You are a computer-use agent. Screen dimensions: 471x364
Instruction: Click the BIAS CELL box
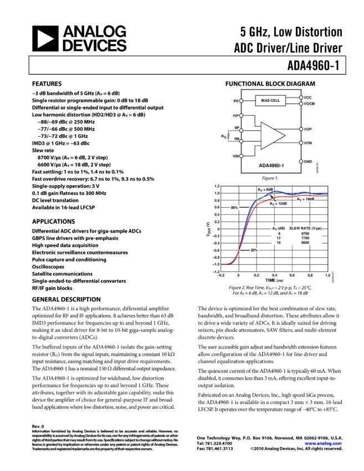[271, 100]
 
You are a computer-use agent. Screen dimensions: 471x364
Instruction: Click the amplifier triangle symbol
[272, 136]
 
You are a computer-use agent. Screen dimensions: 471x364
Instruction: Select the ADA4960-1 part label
[271, 165]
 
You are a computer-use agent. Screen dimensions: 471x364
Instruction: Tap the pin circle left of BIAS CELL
[241, 101]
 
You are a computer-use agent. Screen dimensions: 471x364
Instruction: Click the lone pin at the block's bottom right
[301, 161]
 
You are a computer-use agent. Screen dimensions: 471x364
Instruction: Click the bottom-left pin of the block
[241, 156]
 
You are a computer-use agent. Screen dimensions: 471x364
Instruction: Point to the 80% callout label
[234, 208]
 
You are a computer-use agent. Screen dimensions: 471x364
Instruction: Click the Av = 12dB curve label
[278, 204]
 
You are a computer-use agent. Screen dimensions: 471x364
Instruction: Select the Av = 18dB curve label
[305, 199]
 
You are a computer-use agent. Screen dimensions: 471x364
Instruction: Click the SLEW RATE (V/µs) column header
[305, 228]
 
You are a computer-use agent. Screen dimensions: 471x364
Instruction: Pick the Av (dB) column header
[278, 228]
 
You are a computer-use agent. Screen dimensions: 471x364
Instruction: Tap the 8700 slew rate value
[305, 234]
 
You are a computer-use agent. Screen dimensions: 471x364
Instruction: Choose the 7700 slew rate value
[305, 238]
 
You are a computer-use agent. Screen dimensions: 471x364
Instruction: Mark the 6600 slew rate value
[305, 243]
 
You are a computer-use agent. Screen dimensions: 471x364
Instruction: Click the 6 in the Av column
[279, 234]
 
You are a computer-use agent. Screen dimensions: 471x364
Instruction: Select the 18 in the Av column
[279, 243]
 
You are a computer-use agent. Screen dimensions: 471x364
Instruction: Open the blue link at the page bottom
[323, 443]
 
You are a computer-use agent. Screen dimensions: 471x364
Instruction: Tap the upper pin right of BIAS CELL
[301, 98]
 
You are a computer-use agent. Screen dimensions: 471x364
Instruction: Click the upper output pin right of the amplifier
[301, 129]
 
